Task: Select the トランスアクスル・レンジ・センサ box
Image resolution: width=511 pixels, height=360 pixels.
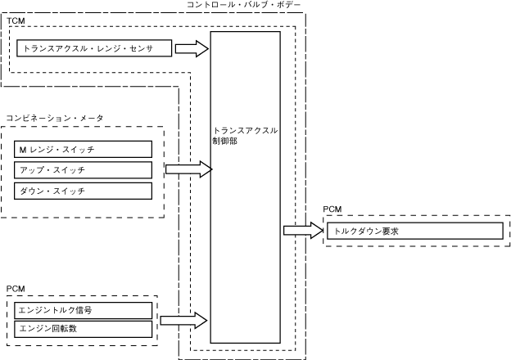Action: tap(95, 48)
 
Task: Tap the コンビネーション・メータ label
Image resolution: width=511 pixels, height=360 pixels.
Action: tap(54, 119)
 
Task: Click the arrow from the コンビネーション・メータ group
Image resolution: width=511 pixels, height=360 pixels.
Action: tap(188, 170)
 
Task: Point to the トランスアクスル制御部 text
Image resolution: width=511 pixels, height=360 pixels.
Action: tap(245, 135)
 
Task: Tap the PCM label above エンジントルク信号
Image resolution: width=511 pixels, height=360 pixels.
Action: tap(16, 290)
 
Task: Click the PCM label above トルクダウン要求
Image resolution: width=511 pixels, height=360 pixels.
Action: tap(332, 210)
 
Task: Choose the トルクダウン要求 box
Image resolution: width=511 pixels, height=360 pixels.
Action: tap(417, 231)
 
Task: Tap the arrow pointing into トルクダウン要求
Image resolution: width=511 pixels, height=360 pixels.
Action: tap(304, 231)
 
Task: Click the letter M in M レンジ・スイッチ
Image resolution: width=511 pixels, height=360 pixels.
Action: tap(22, 149)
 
